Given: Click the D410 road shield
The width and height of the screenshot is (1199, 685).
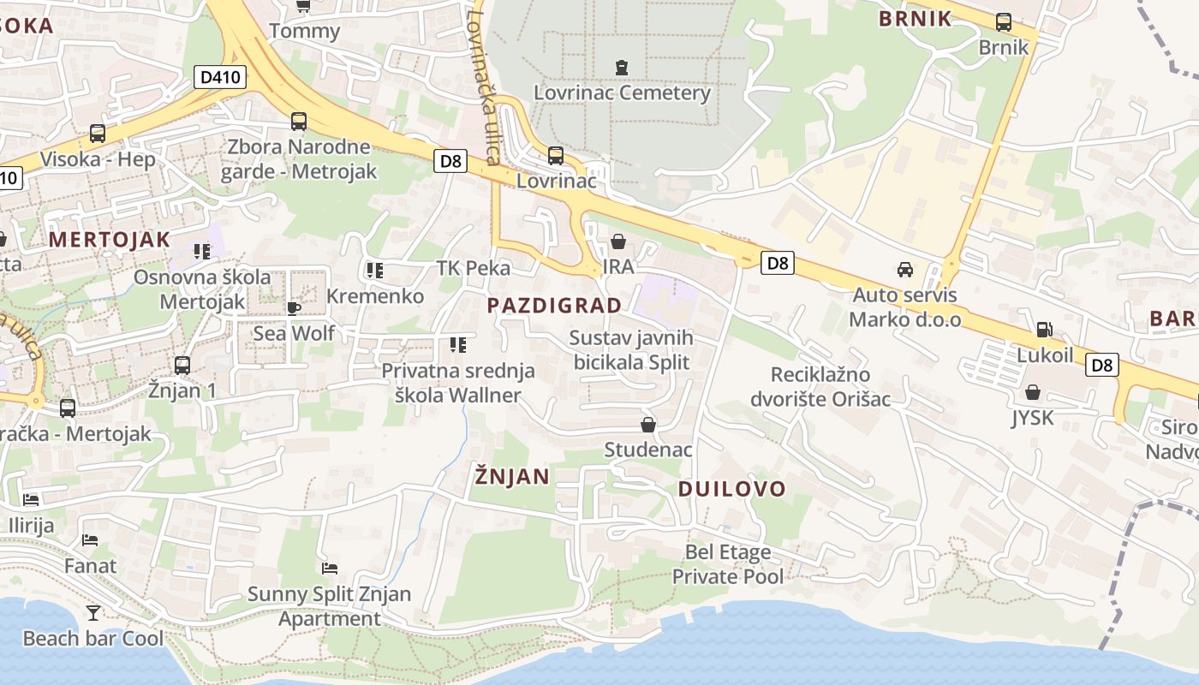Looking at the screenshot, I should coord(219,77).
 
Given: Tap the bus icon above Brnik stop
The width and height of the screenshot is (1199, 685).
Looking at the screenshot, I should coord(1003,22).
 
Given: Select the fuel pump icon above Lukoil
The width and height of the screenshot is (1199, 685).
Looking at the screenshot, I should coord(1044,330).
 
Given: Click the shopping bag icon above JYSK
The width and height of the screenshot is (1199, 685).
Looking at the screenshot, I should coord(1033,393).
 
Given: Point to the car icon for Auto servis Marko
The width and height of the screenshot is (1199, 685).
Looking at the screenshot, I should coord(904,270).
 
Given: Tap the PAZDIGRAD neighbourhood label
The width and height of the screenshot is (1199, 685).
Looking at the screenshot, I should coord(554,306).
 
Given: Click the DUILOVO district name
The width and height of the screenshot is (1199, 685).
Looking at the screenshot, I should coord(731,489).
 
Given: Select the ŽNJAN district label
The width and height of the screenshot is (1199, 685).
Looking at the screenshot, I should coord(512,477).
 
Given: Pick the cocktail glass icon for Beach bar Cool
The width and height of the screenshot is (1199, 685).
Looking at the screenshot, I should coord(92,612).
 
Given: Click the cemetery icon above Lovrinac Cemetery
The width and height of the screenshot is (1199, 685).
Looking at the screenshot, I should coord(622,67).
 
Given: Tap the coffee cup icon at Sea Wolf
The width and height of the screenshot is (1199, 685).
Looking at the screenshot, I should coord(294,308).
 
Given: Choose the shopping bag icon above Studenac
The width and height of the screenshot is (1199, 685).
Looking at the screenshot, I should coord(648,425).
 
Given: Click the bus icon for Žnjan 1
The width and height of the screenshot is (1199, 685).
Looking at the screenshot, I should coord(182,366).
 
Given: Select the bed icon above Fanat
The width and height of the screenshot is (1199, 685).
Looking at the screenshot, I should coord(90,540).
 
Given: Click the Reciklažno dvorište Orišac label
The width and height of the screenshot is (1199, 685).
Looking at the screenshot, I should coord(820,387).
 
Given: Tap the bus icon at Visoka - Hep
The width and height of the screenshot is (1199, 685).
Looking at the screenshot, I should coord(98,134).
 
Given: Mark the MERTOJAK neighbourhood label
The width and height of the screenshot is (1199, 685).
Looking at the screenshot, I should coord(110,239).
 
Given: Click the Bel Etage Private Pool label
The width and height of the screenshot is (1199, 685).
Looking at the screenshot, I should coord(727,564).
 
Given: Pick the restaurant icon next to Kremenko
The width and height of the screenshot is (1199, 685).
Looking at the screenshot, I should coord(374,271).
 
